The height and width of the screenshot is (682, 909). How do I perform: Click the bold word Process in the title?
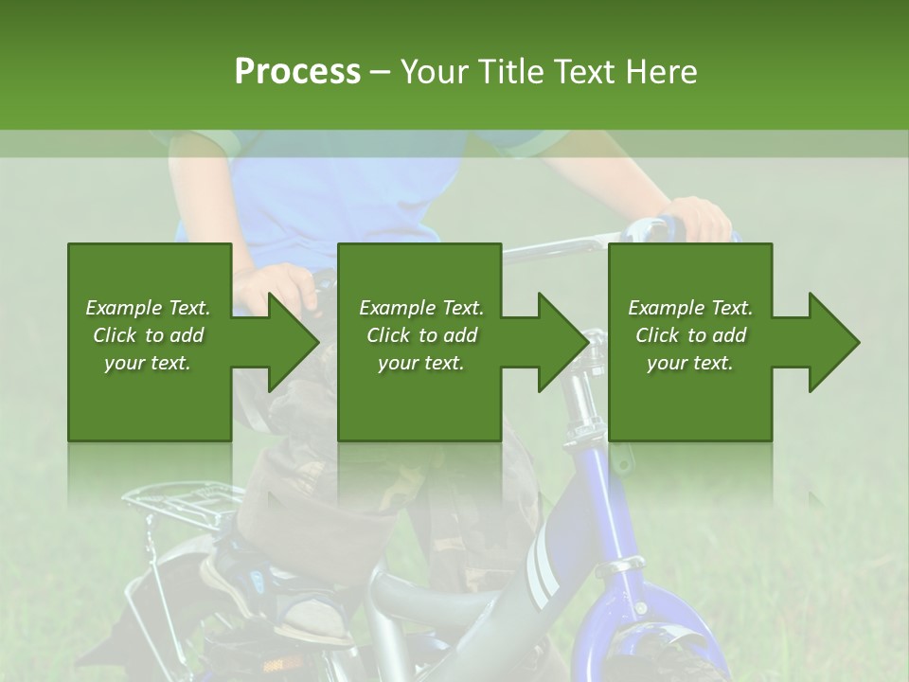point(297,72)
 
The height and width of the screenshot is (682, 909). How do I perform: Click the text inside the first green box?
point(148,335)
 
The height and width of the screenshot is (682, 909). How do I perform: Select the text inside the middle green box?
point(421,335)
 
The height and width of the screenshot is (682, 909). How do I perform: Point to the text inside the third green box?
point(690,335)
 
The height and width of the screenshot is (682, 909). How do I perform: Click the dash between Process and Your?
point(381,72)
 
